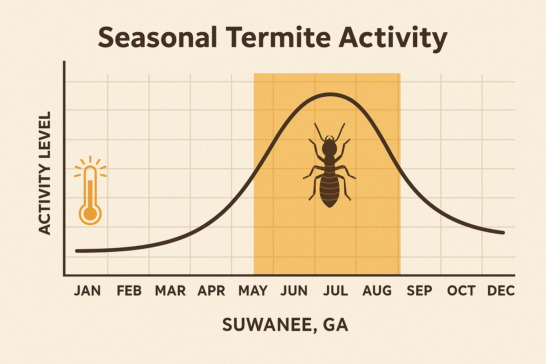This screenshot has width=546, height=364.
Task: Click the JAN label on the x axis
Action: pyautogui.click(x=87, y=291)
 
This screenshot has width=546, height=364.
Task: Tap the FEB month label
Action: pyautogui.click(x=129, y=291)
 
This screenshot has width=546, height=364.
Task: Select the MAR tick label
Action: pyautogui.click(x=170, y=291)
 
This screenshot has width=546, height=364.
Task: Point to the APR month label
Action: pyautogui.click(x=212, y=291)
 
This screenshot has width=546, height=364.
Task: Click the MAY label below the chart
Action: pyautogui.click(x=253, y=291)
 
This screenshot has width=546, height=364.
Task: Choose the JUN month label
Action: pyautogui.click(x=294, y=291)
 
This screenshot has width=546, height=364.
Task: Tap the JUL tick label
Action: pyautogui.click(x=336, y=291)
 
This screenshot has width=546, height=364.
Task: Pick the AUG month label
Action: pyautogui.click(x=377, y=291)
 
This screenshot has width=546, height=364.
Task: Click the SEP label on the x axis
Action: pyautogui.click(x=419, y=291)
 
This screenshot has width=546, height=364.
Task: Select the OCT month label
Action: pyautogui.click(x=461, y=291)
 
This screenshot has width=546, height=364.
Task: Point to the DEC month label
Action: pyautogui.click(x=501, y=291)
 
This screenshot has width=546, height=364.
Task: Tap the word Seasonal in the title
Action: pyautogui.click(x=157, y=37)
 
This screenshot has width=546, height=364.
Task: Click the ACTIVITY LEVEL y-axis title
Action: pyautogui.click(x=45, y=173)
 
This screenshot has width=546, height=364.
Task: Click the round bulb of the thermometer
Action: pyautogui.click(x=90, y=214)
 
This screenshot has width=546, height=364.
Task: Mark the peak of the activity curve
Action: pyautogui.click(x=330, y=94)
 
